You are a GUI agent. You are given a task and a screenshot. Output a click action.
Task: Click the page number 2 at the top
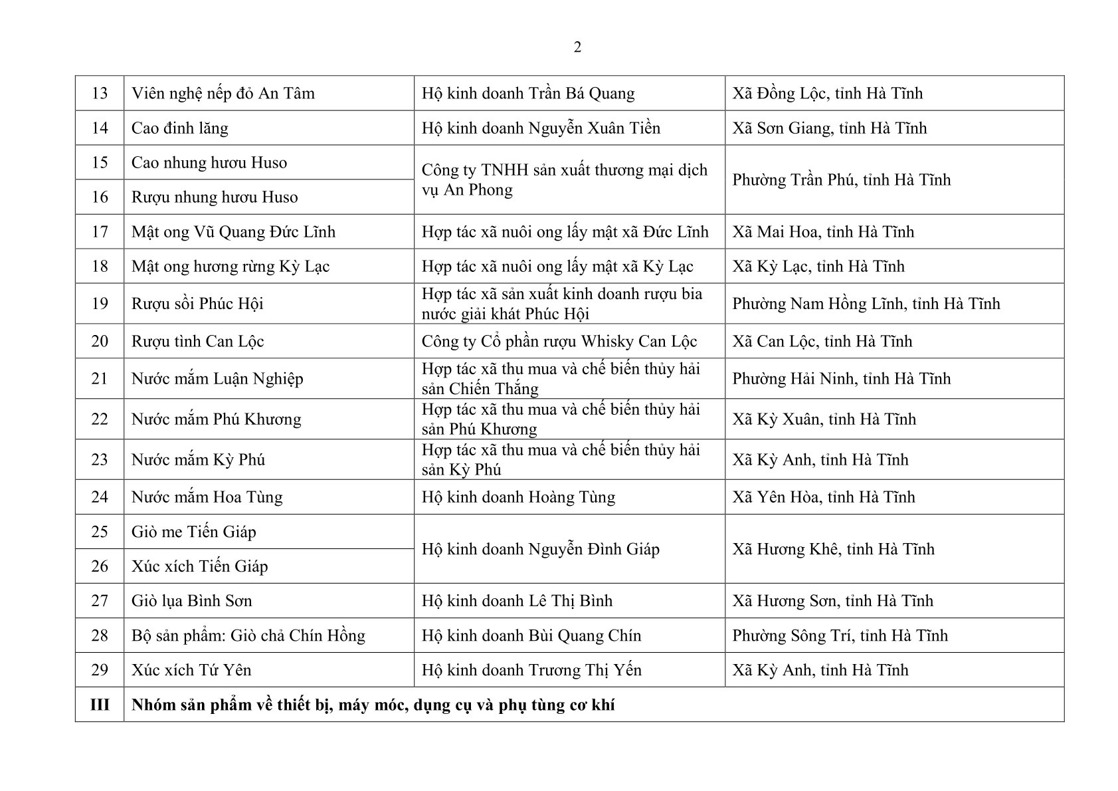(577, 47)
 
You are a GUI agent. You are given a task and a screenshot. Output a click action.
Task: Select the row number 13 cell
(99, 93)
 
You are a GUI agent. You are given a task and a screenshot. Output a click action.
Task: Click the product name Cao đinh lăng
(179, 128)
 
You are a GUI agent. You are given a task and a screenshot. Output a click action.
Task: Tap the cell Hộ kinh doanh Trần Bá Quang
(527, 93)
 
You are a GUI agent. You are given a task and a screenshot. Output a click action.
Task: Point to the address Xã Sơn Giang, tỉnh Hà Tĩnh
(829, 128)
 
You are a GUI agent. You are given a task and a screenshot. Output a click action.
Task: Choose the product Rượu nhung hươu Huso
(214, 197)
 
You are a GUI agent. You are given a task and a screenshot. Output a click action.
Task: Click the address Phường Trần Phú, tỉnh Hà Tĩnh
(841, 179)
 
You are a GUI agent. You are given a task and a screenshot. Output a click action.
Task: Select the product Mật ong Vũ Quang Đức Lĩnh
(233, 231)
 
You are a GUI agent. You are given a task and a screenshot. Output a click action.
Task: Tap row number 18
(99, 266)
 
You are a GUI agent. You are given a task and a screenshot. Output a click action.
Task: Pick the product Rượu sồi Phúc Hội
(197, 304)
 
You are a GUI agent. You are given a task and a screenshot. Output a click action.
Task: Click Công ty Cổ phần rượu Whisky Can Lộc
(559, 341)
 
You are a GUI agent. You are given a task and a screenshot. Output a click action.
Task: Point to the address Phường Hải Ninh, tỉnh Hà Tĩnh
(841, 378)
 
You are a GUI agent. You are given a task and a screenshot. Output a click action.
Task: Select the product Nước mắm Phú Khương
(216, 419)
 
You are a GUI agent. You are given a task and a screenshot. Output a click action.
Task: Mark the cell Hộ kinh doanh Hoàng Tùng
(518, 497)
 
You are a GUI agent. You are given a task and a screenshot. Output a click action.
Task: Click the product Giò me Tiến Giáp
(193, 531)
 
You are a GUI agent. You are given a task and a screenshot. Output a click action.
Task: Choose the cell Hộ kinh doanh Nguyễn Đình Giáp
(540, 548)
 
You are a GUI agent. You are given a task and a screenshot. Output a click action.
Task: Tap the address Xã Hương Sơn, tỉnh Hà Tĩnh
(832, 600)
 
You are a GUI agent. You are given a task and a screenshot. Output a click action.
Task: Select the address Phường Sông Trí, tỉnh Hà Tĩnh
(840, 635)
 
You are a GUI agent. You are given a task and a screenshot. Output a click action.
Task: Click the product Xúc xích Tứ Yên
(191, 669)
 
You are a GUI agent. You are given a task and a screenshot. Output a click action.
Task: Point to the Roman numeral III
(99, 704)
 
